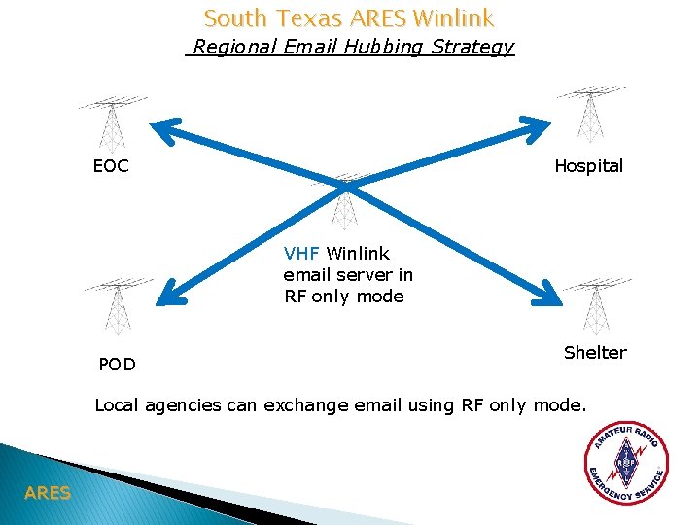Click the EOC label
point(110,166)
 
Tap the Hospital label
point(588,166)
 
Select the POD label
point(117,365)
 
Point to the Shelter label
point(595,352)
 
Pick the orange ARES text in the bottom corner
point(48,493)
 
